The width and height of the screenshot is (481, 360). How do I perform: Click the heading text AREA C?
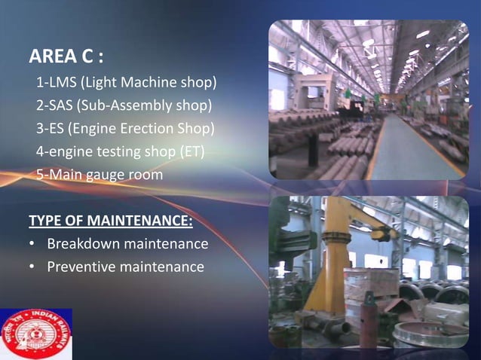[66, 56]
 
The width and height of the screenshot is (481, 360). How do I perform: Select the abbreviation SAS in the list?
[57, 105]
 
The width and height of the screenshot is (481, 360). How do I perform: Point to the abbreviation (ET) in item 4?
[191, 151]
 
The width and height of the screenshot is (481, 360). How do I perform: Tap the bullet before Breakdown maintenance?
[32, 244]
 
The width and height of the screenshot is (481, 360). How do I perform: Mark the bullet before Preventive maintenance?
[32, 267]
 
